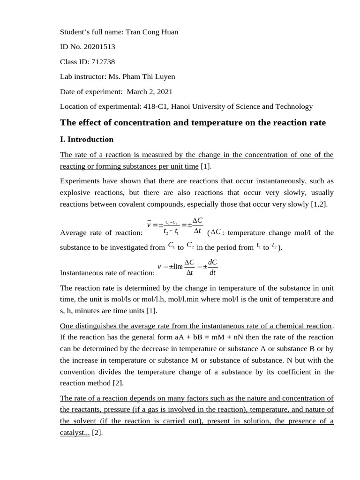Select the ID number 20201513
pos(100,47)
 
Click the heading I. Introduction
pos(87,139)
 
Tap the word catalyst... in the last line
pos(75,433)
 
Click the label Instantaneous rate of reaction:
pos(107,273)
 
